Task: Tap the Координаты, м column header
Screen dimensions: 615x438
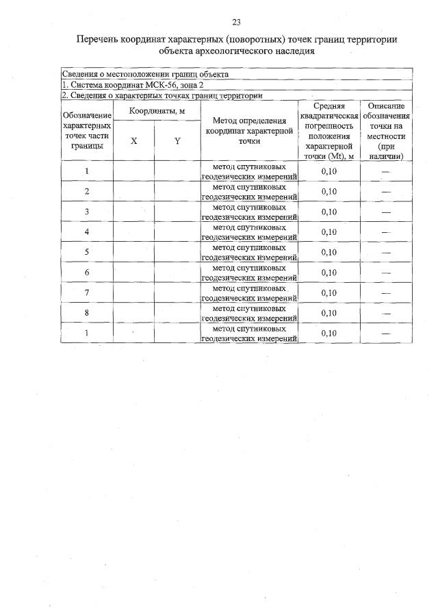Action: click(x=156, y=111)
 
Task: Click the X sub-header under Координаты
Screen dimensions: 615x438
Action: click(x=133, y=140)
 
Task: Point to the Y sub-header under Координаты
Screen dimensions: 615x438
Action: click(x=177, y=140)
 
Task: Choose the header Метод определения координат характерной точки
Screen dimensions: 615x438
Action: click(x=249, y=131)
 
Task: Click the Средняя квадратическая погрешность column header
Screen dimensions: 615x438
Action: click(x=328, y=131)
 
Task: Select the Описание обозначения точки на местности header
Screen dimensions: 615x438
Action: click(x=386, y=131)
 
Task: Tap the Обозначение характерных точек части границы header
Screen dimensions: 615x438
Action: click(x=86, y=131)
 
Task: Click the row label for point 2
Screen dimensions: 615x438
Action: click(x=86, y=191)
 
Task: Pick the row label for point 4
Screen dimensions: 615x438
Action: click(x=86, y=231)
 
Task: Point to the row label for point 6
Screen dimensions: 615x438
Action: click(x=86, y=273)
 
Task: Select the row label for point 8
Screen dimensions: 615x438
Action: click(x=86, y=313)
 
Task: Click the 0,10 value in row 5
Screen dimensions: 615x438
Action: click(x=328, y=252)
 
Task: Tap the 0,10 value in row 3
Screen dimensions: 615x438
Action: click(x=328, y=212)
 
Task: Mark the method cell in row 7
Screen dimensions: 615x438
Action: click(x=249, y=293)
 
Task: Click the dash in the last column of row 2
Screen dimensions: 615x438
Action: click(x=386, y=192)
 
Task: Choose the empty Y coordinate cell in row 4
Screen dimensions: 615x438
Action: click(x=177, y=231)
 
